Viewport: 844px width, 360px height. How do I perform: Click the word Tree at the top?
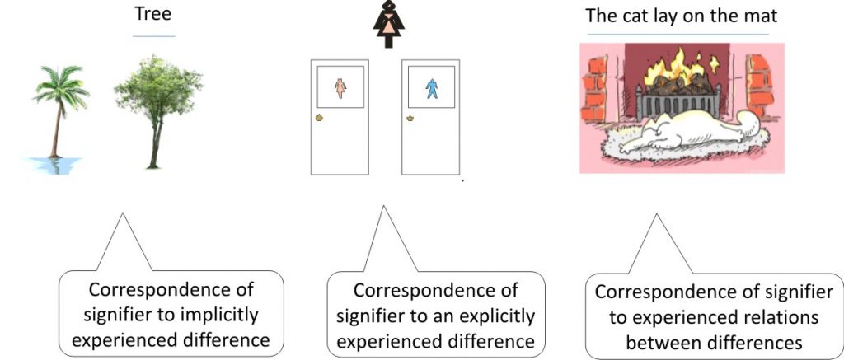coord(153,17)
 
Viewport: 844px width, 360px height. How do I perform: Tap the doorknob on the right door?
coord(410,119)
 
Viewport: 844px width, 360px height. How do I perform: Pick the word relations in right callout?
coord(777,318)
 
